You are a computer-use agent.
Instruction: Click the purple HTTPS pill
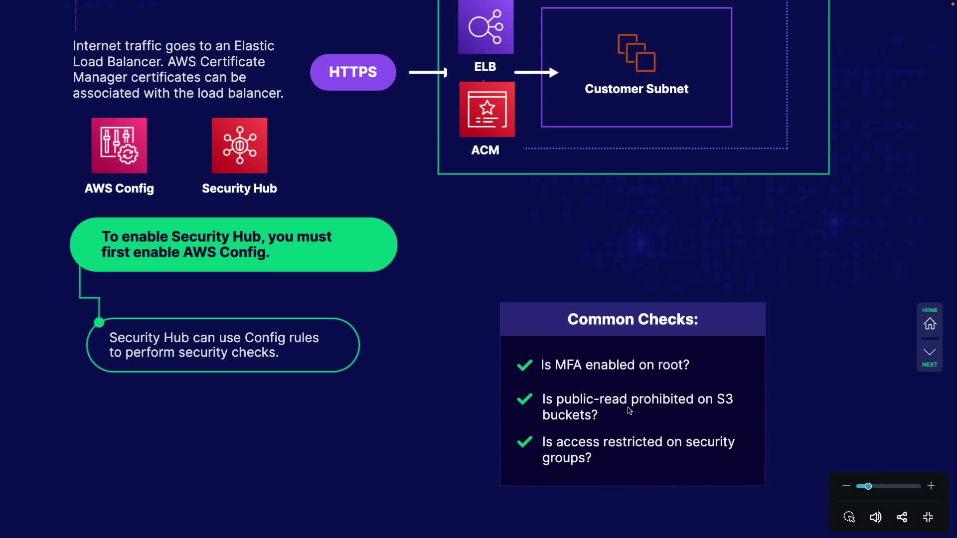[353, 72]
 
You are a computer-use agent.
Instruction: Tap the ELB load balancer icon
[485, 27]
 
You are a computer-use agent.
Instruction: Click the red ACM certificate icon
[487, 110]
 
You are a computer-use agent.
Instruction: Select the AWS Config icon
[119, 145]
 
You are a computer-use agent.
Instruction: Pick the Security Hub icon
[239, 145]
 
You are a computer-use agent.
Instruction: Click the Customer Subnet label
[637, 89]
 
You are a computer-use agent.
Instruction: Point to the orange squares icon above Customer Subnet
[637, 53]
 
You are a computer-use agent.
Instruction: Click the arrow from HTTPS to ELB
[428, 73]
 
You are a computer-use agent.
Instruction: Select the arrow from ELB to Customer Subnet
[536, 73]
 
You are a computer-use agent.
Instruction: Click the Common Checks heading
[633, 319]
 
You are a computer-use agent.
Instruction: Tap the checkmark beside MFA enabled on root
[525, 365]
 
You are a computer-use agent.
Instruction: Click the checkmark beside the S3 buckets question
[525, 399]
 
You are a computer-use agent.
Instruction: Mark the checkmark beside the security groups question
[525, 442]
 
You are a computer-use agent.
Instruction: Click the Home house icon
[930, 324]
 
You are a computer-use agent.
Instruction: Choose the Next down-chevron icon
[930, 352]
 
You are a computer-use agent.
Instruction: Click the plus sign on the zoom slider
[931, 486]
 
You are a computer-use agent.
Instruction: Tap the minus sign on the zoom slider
[846, 486]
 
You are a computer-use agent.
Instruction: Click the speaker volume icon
[875, 517]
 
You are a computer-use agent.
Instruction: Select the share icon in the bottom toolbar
[902, 517]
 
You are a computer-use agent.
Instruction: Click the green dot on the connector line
[99, 323]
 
